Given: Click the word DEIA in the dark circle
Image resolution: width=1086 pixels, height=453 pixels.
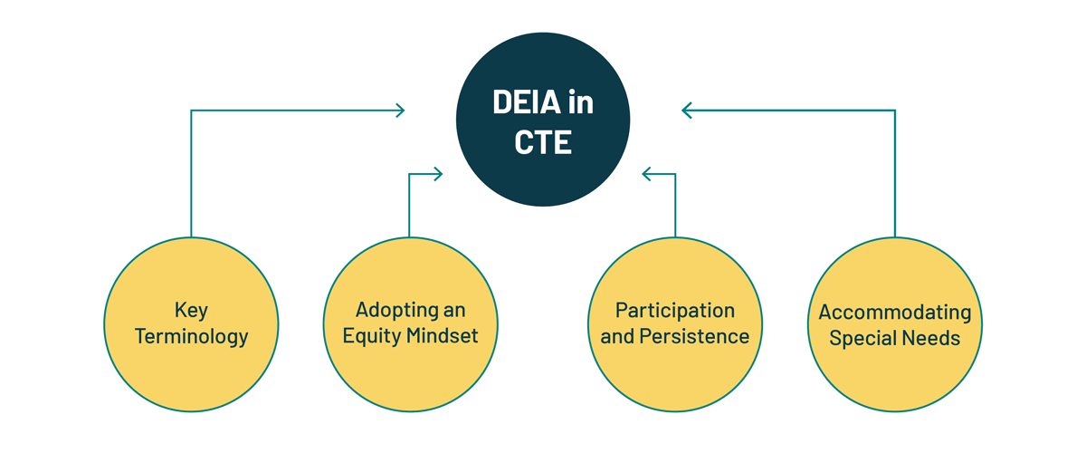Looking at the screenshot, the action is coord(527,102).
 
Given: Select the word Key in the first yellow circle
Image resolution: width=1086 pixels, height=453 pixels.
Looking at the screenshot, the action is coord(191,311).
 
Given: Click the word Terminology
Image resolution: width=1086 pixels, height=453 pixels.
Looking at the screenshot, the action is coord(192,336).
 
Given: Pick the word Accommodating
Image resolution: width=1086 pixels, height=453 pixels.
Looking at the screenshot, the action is coord(895,313).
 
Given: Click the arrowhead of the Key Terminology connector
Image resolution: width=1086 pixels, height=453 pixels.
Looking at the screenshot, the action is coord(400,111).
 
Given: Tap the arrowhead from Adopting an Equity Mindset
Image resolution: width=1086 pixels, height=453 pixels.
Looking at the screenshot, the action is coord(438,174).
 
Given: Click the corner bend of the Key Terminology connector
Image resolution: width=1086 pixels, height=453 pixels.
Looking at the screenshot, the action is coord(191,111).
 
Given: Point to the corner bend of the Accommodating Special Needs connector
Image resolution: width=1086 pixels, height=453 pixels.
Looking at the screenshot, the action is coord(895,111).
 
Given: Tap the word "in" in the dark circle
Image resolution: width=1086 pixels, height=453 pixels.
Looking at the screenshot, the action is coord(581,102).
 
